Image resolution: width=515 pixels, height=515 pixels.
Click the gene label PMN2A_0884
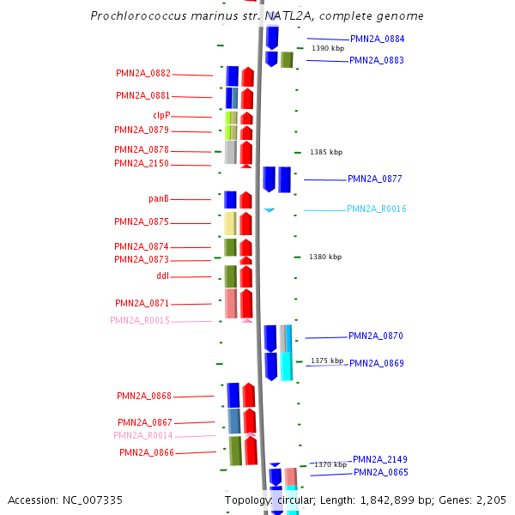click(377, 39)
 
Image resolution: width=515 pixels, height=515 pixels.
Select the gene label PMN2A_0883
click(376, 60)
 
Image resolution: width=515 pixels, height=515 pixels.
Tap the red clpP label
click(161, 115)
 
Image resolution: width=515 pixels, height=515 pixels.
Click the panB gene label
click(158, 199)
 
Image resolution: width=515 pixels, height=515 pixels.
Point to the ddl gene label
click(163, 276)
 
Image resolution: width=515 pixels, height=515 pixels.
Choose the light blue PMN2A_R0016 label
click(376, 209)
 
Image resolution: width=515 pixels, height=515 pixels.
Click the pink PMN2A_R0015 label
click(140, 321)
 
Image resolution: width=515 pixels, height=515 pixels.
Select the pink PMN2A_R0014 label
click(143, 436)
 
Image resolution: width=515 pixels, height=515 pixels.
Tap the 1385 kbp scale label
click(326, 152)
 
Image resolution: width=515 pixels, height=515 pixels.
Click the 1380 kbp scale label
click(325, 257)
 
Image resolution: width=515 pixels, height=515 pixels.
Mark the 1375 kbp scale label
click(326, 361)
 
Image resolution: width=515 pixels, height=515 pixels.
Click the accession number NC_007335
click(65, 500)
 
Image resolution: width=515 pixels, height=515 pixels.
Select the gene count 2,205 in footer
click(490, 500)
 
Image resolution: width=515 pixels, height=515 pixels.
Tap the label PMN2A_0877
click(374, 179)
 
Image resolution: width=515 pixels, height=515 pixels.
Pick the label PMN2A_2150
click(142, 164)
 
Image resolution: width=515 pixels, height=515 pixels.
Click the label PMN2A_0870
click(375, 336)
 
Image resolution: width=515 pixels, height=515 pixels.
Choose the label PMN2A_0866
click(147, 452)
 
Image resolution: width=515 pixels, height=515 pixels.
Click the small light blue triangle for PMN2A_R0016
click(269, 209)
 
